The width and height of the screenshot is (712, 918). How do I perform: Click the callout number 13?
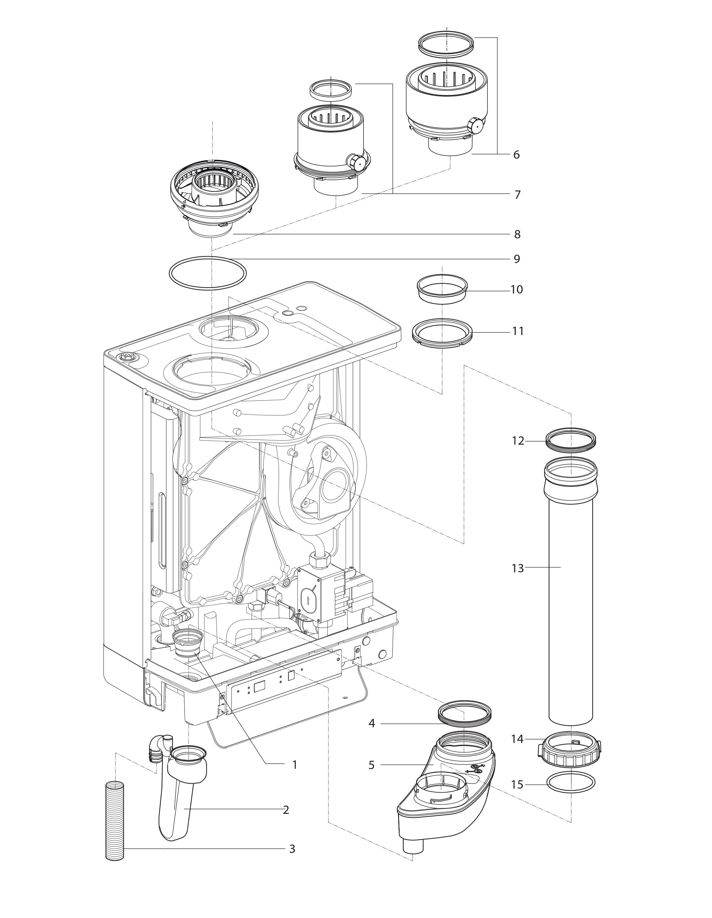tap(518, 568)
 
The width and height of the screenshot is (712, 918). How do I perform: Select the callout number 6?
tap(516, 155)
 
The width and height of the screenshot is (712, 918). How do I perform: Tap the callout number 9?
tap(517, 259)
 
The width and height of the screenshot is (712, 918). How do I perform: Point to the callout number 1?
tap(295, 765)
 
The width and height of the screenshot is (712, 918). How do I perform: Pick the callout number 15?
tap(518, 785)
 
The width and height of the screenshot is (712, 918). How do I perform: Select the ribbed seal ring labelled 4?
tap(465, 713)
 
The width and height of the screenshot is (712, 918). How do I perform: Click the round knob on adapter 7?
tap(356, 162)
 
